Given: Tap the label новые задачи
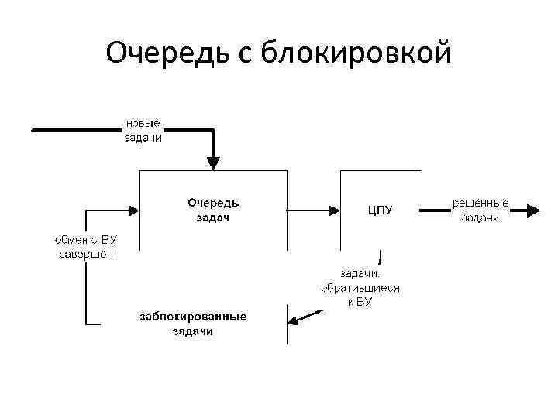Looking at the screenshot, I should (x=143, y=130).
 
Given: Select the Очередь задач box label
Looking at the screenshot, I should (x=213, y=210).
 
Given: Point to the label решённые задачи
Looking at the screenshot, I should (x=480, y=210).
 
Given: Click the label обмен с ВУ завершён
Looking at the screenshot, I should (x=86, y=246).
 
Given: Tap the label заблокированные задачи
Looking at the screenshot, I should (x=193, y=324).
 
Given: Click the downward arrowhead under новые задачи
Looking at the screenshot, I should (x=213, y=163).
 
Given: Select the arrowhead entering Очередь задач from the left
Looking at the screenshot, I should (x=133, y=209).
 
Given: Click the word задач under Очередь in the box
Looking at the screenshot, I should (x=213, y=218).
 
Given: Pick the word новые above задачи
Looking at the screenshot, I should (x=143, y=123).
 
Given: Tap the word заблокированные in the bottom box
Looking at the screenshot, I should (x=193, y=317).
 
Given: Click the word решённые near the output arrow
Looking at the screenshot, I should (x=480, y=203).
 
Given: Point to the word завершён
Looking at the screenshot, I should (x=86, y=254).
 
